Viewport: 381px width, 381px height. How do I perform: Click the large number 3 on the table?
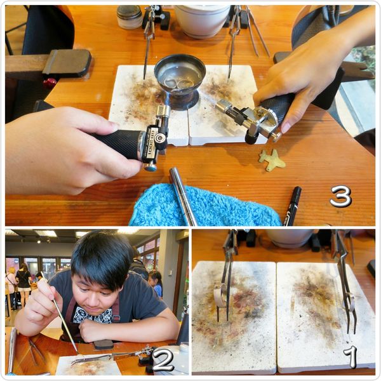point(341,196)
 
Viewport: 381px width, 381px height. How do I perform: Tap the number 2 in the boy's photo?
point(163,359)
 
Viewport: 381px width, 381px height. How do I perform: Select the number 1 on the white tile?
point(350,357)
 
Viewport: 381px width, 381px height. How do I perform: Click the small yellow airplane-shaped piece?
point(272,159)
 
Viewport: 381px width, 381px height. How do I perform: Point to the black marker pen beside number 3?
point(292,206)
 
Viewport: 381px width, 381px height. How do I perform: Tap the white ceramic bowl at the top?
point(202,20)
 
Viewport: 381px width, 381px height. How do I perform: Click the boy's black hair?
point(102,257)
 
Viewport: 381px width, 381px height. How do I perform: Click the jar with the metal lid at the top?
point(130,17)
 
